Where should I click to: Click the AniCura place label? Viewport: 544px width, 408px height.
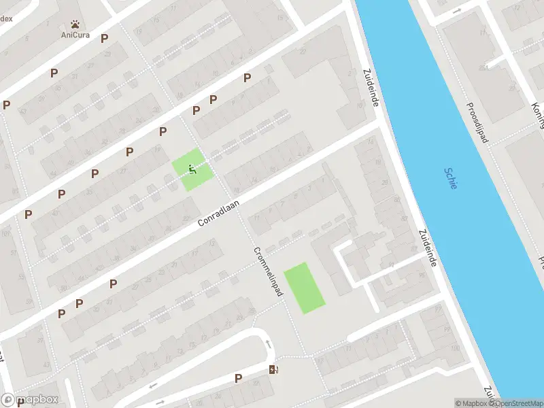click(75, 35)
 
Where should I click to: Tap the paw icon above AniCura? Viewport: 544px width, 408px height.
click(75, 24)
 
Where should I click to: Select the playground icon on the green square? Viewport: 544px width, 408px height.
click(192, 169)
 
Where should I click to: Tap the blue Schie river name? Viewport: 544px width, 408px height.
click(451, 179)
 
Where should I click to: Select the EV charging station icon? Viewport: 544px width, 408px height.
click(274, 369)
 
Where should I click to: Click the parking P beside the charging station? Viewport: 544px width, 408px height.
click(238, 378)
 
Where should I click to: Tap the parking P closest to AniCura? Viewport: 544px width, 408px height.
click(104, 39)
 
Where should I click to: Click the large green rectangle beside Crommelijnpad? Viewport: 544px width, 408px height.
click(305, 288)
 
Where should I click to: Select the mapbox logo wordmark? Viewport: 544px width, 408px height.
click(30, 400)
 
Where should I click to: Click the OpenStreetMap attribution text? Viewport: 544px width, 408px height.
click(517, 403)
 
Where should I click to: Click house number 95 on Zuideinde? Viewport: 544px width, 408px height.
click(423, 275)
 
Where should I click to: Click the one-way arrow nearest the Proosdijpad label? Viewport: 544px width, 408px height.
click(456, 11)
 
